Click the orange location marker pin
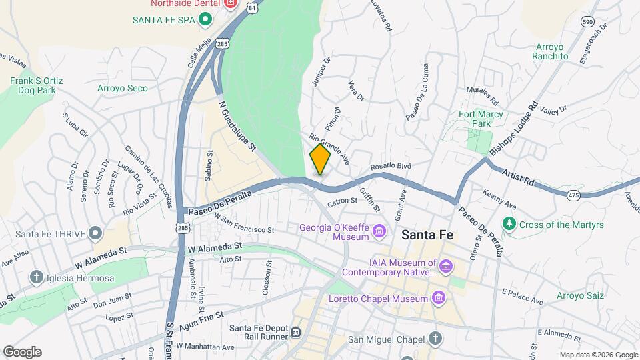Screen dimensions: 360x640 (320, 159)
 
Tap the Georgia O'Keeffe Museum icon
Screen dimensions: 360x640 (379, 232)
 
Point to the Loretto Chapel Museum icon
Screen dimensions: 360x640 (439, 298)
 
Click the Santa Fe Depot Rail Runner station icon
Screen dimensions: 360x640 (295, 332)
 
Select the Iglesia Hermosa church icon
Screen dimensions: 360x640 (36, 277)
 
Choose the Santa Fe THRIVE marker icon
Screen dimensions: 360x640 (95, 233)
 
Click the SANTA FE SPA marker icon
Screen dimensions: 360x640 (205, 20)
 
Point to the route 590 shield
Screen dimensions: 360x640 (587, 21)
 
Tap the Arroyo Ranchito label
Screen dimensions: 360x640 (550, 52)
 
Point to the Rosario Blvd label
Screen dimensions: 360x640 (391, 166)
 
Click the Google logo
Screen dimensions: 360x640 (22, 351)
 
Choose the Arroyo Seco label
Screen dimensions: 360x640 (123, 88)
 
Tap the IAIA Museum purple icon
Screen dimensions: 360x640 (447, 267)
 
